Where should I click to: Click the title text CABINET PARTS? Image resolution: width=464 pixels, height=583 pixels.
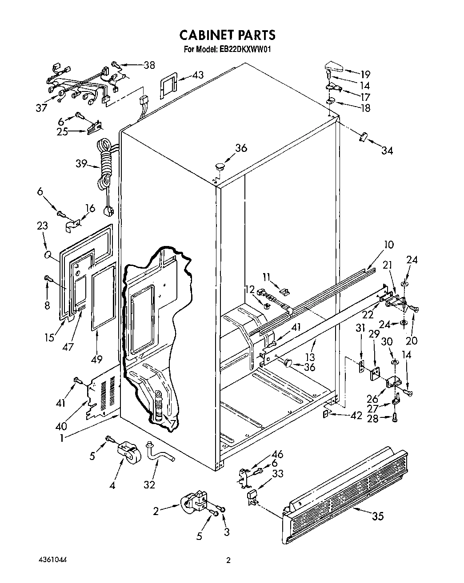[227, 35]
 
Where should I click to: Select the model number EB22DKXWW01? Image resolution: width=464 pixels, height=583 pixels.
[245, 50]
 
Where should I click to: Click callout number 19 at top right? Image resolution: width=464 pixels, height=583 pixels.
[365, 74]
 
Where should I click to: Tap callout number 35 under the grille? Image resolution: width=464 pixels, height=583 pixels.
[377, 516]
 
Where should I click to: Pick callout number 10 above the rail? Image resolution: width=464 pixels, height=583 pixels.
[388, 245]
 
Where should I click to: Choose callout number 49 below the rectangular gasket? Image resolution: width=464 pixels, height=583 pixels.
[97, 359]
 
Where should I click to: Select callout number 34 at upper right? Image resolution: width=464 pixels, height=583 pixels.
[387, 151]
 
